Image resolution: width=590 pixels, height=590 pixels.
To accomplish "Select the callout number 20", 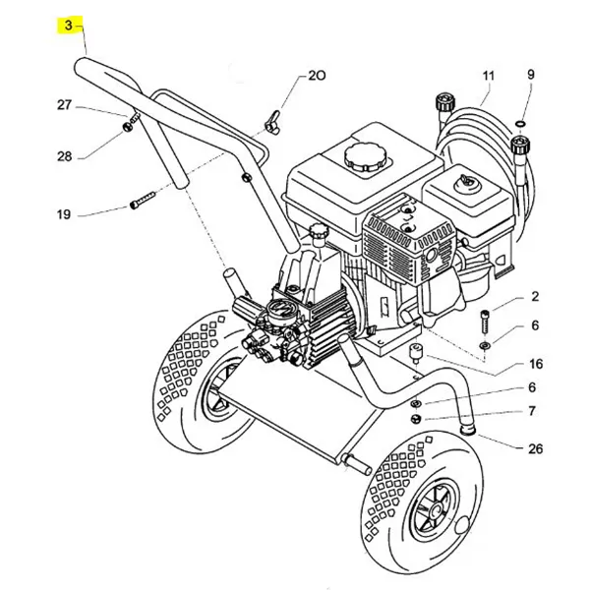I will (316, 76).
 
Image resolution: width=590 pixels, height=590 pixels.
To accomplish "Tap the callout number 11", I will (489, 76).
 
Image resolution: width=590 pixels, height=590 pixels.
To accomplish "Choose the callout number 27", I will (64, 105).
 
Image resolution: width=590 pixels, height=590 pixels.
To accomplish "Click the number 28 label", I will (64, 156).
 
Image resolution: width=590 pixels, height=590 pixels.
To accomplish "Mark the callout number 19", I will (64, 214).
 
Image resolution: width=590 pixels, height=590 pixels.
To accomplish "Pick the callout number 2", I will (535, 296).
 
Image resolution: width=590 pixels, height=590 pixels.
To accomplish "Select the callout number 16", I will (535, 363).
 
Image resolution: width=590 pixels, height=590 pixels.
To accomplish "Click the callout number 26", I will (535, 449).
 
